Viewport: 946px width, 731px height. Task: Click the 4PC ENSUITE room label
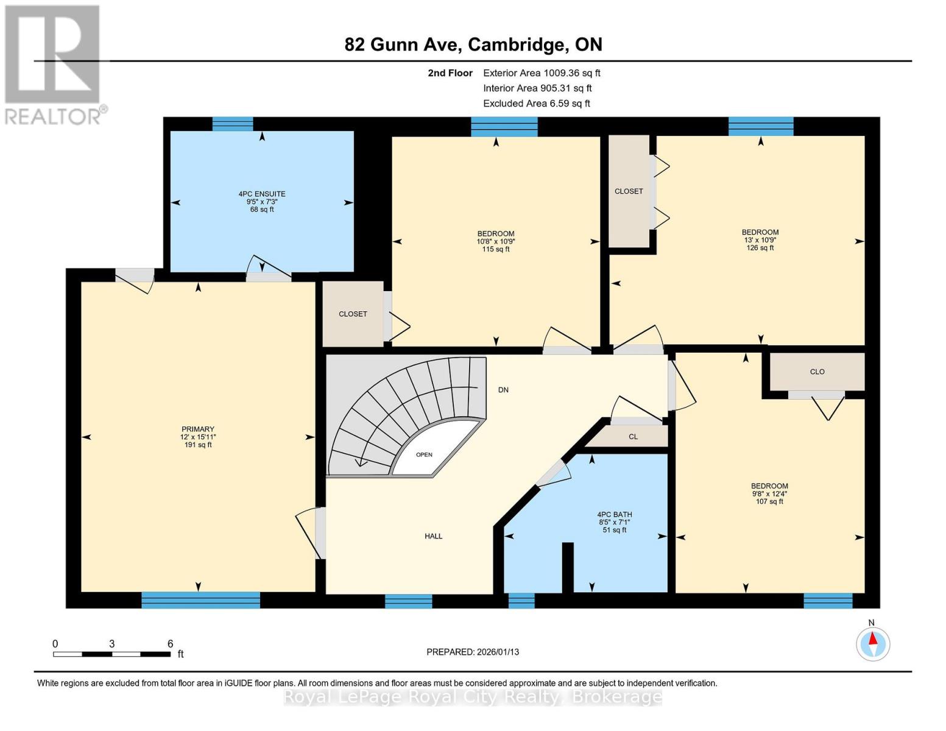pyautogui.click(x=262, y=194)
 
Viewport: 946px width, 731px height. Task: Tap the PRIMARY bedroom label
pyautogui.click(x=198, y=429)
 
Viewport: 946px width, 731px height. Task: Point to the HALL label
pyautogui.click(x=434, y=536)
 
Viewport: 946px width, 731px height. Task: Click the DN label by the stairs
pyautogui.click(x=503, y=390)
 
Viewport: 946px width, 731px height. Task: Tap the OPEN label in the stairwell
pyautogui.click(x=424, y=455)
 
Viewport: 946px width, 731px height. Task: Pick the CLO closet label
pyautogui.click(x=817, y=372)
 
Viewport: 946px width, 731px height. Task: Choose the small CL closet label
pyautogui.click(x=633, y=437)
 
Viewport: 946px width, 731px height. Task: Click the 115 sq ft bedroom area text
pyautogui.click(x=496, y=249)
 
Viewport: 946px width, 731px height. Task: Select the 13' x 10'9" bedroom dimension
pyautogui.click(x=760, y=240)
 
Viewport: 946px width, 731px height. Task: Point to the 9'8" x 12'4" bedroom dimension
pyautogui.click(x=769, y=494)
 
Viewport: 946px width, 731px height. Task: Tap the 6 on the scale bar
pyautogui.click(x=170, y=644)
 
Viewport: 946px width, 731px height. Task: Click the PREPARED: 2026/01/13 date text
pyautogui.click(x=473, y=652)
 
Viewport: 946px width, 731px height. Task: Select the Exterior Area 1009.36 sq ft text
pyautogui.click(x=542, y=73)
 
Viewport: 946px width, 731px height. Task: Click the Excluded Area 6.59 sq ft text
pyautogui.click(x=536, y=104)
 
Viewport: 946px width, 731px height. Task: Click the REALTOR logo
pyautogui.click(x=54, y=64)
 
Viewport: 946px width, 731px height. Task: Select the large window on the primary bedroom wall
pyautogui.click(x=200, y=600)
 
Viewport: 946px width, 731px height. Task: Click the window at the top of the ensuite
pyautogui.click(x=233, y=124)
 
